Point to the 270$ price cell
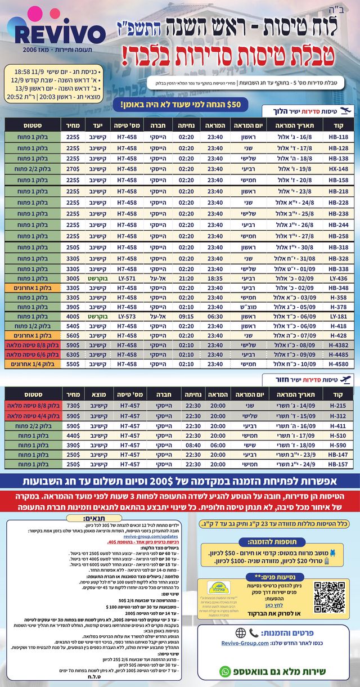(73, 168)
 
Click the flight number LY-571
(127, 278)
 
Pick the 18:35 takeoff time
(215, 278)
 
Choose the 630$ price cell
(73, 355)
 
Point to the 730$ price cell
(73, 406)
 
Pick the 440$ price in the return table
(73, 435)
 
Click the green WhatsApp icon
(225, 671)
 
